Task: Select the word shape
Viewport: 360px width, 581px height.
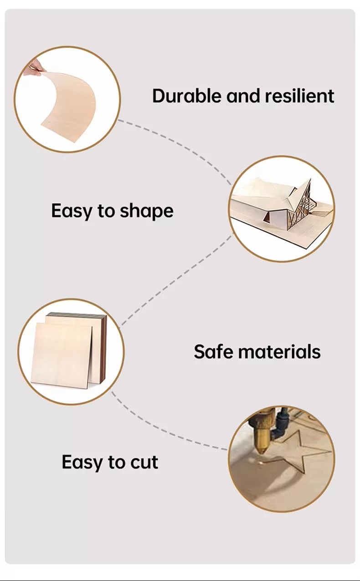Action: pyautogui.click(x=147, y=211)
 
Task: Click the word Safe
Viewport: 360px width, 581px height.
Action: pyautogui.click(x=214, y=351)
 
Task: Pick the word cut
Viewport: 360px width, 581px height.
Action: pyautogui.click(x=144, y=462)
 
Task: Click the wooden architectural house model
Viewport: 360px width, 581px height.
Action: pyautogui.click(x=282, y=205)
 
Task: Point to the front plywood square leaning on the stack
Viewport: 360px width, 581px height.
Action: pyautogui.click(x=62, y=355)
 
